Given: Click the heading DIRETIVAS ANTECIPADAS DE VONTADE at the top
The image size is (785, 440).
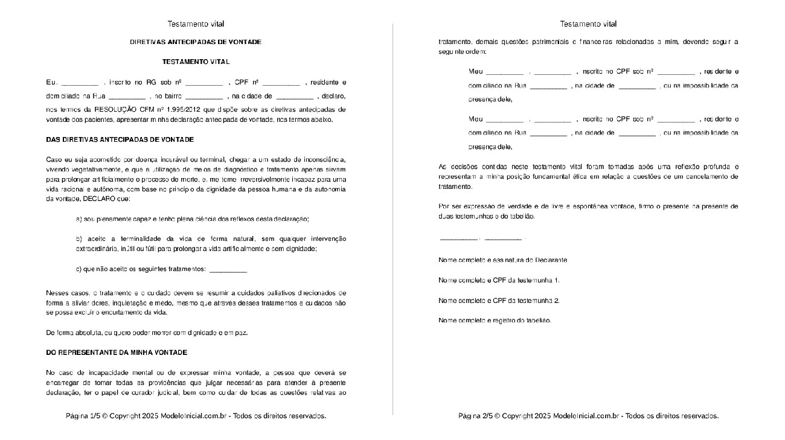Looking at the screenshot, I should coord(196,42).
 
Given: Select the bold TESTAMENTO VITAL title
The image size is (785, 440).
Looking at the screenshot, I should coord(196,62).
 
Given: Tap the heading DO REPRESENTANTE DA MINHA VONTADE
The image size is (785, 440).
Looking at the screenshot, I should coord(117,352).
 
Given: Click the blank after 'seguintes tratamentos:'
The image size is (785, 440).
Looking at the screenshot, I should coord(228,269).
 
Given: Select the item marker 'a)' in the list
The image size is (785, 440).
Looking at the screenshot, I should coord(79,219).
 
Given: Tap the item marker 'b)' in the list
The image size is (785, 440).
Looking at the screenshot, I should coord(79,239).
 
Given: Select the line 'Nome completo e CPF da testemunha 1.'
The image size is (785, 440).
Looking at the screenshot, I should coord(499,281).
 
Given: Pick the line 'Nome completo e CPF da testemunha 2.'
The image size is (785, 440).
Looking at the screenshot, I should coord(499,301).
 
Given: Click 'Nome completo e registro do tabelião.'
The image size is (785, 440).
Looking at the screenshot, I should coord(495,320).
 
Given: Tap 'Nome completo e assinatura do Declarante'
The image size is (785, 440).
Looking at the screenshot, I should coord(502,260).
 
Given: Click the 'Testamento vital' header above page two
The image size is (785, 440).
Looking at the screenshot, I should coord(588,24).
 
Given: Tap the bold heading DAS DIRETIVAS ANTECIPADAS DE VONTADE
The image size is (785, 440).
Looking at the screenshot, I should coord(120,140).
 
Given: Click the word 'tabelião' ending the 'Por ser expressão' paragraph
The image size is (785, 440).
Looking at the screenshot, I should coord(521,216).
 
